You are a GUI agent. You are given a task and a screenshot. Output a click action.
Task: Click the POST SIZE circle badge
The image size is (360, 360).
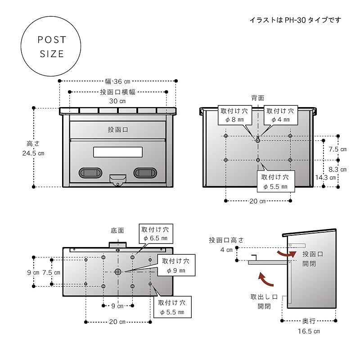[52, 47]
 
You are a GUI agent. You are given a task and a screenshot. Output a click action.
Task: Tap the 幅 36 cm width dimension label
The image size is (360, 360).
[117, 81]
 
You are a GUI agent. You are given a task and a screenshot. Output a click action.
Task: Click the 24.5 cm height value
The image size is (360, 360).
[33, 153]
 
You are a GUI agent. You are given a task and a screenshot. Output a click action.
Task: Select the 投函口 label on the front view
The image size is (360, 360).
[118, 130]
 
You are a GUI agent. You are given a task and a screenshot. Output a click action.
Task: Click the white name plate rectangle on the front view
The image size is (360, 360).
[118, 152]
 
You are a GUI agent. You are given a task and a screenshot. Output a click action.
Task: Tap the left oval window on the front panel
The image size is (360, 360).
[90, 172]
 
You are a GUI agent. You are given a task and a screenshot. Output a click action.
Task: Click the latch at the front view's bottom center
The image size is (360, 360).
[118, 180]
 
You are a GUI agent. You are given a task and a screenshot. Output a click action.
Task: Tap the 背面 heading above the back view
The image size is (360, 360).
[257, 98]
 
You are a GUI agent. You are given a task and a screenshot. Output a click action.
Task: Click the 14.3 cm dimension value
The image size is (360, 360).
[326, 177]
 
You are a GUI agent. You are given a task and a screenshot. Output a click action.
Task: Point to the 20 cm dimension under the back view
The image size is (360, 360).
[257, 201]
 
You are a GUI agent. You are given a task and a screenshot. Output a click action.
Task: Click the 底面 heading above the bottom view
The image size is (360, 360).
[117, 230]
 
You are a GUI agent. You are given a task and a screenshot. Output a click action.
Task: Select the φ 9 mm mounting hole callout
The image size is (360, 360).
[176, 265]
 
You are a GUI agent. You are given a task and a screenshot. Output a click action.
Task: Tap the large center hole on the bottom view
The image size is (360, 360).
[118, 272]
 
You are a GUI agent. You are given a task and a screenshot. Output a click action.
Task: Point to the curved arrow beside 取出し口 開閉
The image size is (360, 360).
[267, 279]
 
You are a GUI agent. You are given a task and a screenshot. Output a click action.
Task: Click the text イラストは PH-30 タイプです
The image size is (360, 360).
[295, 20]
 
